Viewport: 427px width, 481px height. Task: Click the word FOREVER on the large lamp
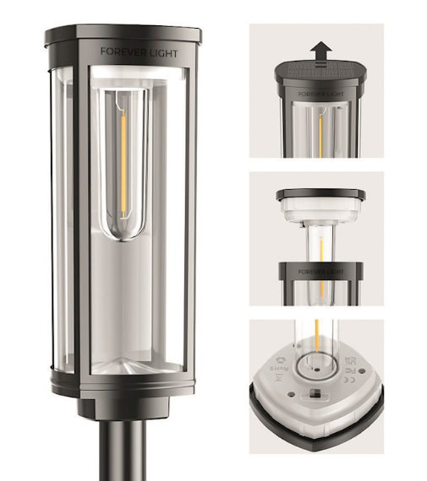coord(119,51)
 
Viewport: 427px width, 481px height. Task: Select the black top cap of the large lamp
coord(123,35)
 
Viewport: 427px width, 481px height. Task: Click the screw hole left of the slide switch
coord(291,393)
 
